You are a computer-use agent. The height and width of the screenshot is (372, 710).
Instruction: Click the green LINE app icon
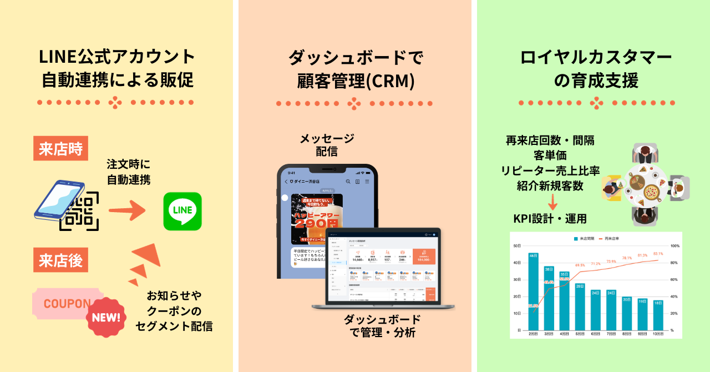(x=182, y=211)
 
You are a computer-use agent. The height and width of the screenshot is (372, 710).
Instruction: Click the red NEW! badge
(x=106, y=318)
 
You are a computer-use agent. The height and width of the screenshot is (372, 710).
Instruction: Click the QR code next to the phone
(x=81, y=211)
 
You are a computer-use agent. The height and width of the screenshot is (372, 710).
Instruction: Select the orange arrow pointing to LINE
(x=126, y=211)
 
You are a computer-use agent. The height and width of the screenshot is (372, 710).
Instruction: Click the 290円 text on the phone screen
(x=316, y=223)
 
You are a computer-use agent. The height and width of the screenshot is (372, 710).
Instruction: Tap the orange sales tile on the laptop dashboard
(x=424, y=256)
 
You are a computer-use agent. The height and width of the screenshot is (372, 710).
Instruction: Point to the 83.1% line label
(x=657, y=254)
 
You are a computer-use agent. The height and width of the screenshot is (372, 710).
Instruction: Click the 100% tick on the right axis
(x=675, y=245)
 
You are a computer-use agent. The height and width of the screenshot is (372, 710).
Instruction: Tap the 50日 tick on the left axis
(x=517, y=245)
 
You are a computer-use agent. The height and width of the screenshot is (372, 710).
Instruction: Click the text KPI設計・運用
(x=550, y=218)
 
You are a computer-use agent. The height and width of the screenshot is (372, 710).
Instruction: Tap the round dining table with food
(x=645, y=185)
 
